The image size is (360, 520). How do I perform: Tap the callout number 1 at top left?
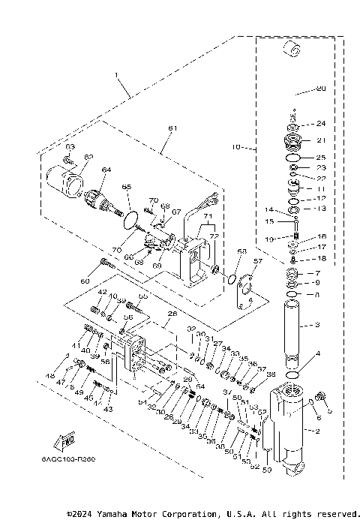coord(116,74)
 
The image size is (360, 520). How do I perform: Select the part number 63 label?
coord(70,146)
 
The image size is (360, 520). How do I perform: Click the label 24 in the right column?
coord(321,124)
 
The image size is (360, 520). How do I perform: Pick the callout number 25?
coord(321,158)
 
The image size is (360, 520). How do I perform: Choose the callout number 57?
coord(258,262)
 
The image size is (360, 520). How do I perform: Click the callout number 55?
coord(144,297)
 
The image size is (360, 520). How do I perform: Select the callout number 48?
coord(50,376)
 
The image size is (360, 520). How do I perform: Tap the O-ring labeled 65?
coord(130,221)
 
